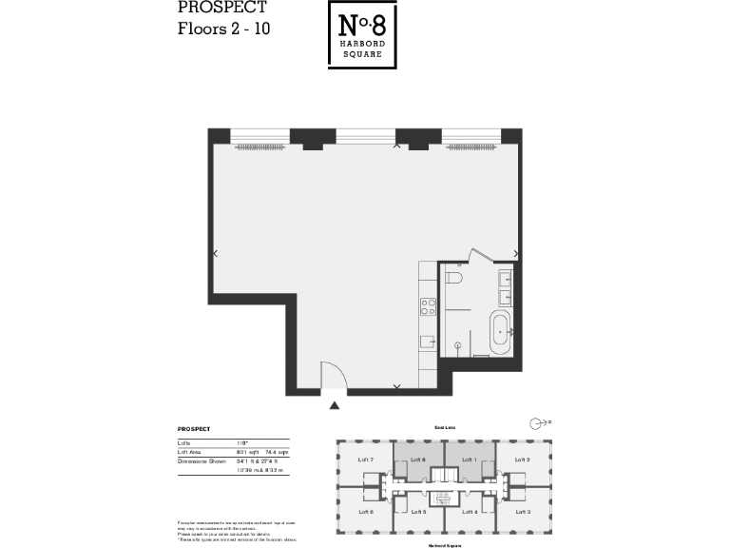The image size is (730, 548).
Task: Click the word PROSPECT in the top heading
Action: tap(221, 8)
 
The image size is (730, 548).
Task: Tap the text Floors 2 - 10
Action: tap(224, 29)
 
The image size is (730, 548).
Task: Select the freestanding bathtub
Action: tap(499, 331)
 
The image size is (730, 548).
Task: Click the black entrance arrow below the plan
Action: tap(334, 405)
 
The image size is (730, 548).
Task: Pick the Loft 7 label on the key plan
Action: tap(366, 460)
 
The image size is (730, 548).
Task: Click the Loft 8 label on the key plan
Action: tap(416, 460)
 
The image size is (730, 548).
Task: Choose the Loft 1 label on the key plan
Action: tap(469, 460)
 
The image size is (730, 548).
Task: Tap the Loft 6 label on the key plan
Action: tap(366, 513)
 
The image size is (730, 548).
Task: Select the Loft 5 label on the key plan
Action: tap(416, 513)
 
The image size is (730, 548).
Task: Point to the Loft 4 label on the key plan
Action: tap(469, 513)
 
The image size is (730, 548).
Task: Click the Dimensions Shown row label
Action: tap(200, 461)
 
